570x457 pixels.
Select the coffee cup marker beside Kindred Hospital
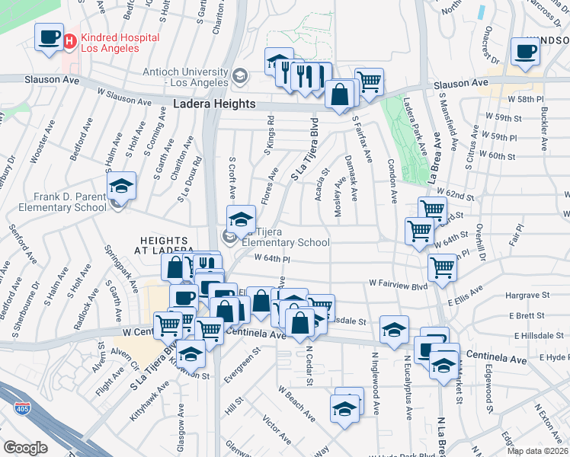pyautogui.click(x=50, y=37)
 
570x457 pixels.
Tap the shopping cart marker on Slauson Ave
pyautogui.click(x=369, y=81)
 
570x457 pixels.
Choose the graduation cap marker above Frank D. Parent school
pyautogui.click(x=120, y=186)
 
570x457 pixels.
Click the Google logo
pyautogui.click(x=25, y=448)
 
